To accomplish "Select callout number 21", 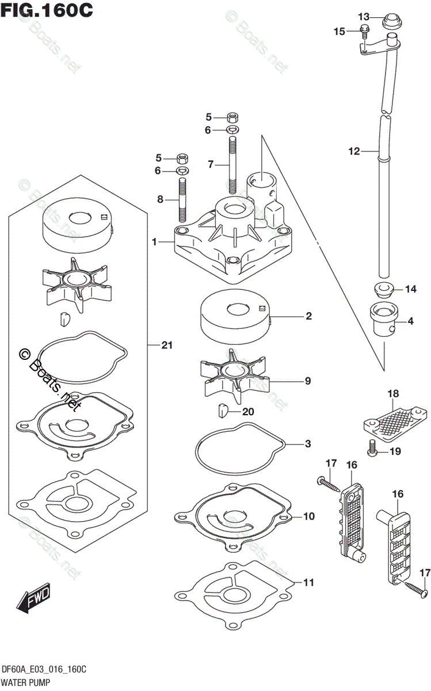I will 167,345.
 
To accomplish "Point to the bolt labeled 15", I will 365,32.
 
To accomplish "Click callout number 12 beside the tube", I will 354,152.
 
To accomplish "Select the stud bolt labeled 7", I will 233,164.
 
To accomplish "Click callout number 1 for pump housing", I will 154,242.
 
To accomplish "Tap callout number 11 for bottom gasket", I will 308,582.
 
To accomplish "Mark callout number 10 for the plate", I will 308,517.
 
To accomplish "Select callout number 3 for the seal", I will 308,444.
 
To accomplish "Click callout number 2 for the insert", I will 308,316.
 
